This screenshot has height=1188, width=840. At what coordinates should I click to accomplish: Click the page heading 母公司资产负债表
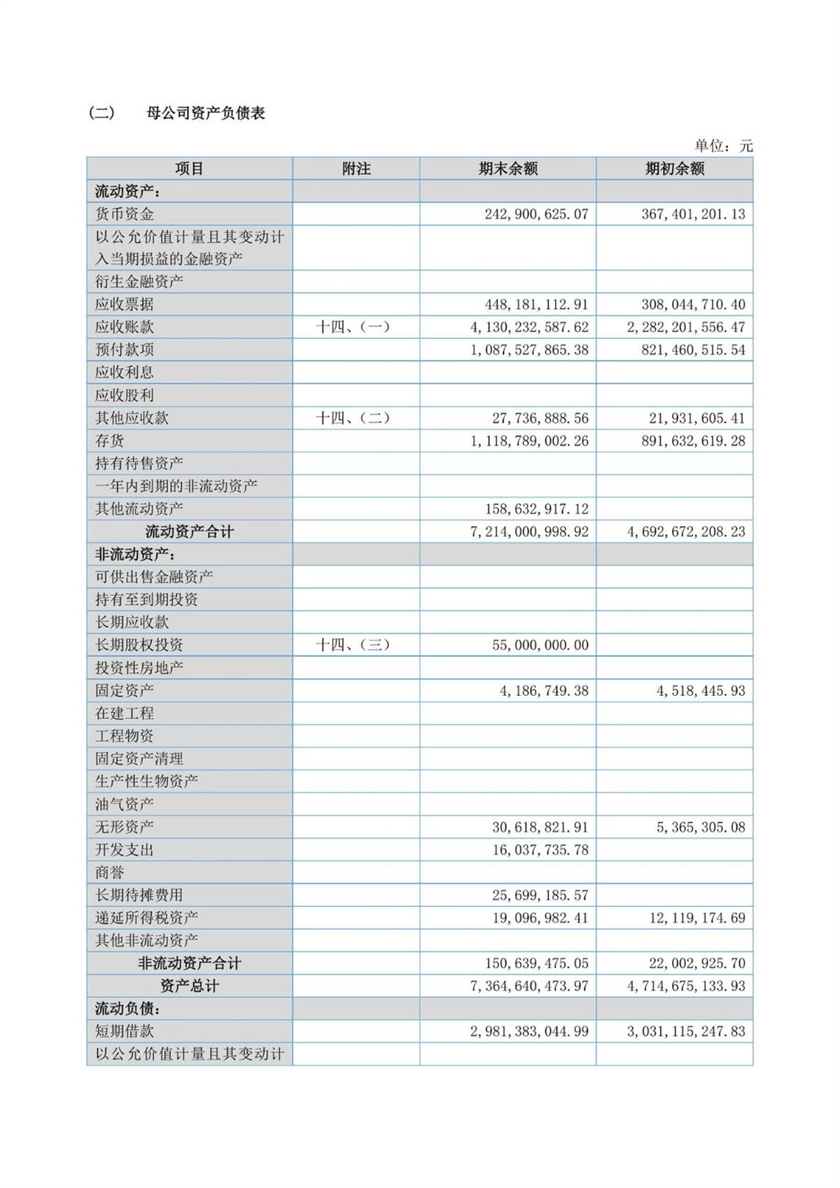206,113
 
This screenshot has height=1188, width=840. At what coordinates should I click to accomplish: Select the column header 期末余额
508,169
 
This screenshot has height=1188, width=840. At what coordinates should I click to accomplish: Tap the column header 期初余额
675,169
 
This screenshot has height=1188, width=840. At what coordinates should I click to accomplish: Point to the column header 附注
356,169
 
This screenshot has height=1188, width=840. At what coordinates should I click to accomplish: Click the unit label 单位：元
723,146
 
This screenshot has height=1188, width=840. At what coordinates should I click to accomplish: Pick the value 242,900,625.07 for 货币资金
536,214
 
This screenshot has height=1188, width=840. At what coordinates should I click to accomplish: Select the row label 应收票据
125,305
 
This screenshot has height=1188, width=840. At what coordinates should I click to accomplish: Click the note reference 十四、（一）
353,327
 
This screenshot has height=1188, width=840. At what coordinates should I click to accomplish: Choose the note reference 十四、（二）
353,418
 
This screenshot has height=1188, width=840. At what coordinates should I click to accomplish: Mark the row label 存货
110,441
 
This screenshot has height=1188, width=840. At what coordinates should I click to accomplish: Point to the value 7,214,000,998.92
529,532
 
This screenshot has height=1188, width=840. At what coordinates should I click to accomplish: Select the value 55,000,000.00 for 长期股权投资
540,645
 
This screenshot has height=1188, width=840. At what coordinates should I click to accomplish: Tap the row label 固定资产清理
139,759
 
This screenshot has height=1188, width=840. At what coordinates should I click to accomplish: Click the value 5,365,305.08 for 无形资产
701,827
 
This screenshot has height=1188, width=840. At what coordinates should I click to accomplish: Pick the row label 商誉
110,872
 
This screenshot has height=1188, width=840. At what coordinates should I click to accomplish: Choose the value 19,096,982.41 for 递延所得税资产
540,918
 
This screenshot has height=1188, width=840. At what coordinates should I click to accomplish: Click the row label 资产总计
190,986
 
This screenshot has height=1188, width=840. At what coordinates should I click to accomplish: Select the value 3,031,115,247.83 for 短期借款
686,1031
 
